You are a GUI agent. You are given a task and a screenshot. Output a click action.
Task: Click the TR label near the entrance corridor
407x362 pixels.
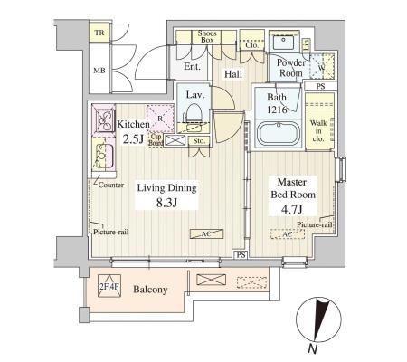[x=99, y=33]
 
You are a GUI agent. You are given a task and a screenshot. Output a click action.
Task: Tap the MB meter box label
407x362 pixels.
[x=99, y=71]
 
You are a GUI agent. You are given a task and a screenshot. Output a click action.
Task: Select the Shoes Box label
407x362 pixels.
[x=207, y=36]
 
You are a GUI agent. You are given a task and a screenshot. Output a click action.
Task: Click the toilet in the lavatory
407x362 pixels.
[x=194, y=114]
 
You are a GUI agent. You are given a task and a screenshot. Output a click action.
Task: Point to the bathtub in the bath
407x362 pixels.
[x=279, y=133]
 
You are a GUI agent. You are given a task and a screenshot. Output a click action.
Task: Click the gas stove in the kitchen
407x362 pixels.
[x=105, y=120]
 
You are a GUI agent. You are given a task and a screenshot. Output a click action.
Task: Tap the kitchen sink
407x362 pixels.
[x=103, y=156]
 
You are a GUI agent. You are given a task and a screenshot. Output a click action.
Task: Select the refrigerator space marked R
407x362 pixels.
[x=160, y=119]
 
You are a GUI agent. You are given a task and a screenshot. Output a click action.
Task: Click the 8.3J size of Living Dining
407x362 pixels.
[x=166, y=203]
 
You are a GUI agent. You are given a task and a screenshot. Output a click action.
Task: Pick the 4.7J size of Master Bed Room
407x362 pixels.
[x=291, y=209]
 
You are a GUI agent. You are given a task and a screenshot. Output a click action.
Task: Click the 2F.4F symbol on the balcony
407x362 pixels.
[x=109, y=286]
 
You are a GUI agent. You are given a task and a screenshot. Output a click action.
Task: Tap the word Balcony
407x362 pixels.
[x=150, y=290]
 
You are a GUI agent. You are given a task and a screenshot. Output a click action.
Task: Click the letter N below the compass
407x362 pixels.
[x=313, y=348]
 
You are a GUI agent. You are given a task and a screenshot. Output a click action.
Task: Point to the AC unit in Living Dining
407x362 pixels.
[x=206, y=233]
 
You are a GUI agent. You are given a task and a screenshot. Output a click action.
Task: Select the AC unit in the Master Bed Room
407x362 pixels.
[x=288, y=234]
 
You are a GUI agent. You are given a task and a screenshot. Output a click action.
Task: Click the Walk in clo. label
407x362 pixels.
[x=318, y=131]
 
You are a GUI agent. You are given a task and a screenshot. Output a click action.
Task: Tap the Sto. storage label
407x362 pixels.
[x=199, y=141]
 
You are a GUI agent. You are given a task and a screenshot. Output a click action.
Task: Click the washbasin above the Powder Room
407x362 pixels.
[x=284, y=43]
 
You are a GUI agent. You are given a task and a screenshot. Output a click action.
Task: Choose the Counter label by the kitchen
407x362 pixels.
[x=110, y=185]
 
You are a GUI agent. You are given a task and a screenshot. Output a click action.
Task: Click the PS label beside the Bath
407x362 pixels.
[x=320, y=86]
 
